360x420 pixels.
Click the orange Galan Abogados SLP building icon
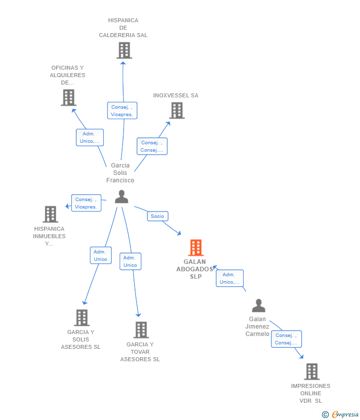(x=196, y=248)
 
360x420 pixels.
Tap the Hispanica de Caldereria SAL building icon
(x=124, y=50)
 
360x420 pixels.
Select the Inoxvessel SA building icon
(x=177, y=110)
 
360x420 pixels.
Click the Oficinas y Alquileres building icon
(x=68, y=97)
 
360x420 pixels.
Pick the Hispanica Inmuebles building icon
(x=50, y=214)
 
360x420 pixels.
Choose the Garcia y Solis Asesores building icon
(x=82, y=317)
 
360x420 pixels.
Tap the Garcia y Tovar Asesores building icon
(x=141, y=330)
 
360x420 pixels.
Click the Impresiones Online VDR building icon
(x=312, y=371)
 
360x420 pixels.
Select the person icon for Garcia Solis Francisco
(x=121, y=197)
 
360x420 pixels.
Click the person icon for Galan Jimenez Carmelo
(x=258, y=306)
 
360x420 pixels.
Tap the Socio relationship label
(x=157, y=216)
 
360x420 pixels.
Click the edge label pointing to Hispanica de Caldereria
(x=122, y=111)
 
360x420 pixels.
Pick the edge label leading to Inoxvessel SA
(x=152, y=146)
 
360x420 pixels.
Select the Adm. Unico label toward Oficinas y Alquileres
(x=90, y=137)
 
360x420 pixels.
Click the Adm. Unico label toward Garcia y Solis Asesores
(x=100, y=255)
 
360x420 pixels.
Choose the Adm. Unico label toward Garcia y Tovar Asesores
(x=130, y=261)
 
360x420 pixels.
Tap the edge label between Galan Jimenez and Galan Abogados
(x=229, y=278)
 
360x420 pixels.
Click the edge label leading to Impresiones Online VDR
(x=286, y=339)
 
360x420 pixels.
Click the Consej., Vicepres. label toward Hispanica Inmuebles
(x=86, y=203)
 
